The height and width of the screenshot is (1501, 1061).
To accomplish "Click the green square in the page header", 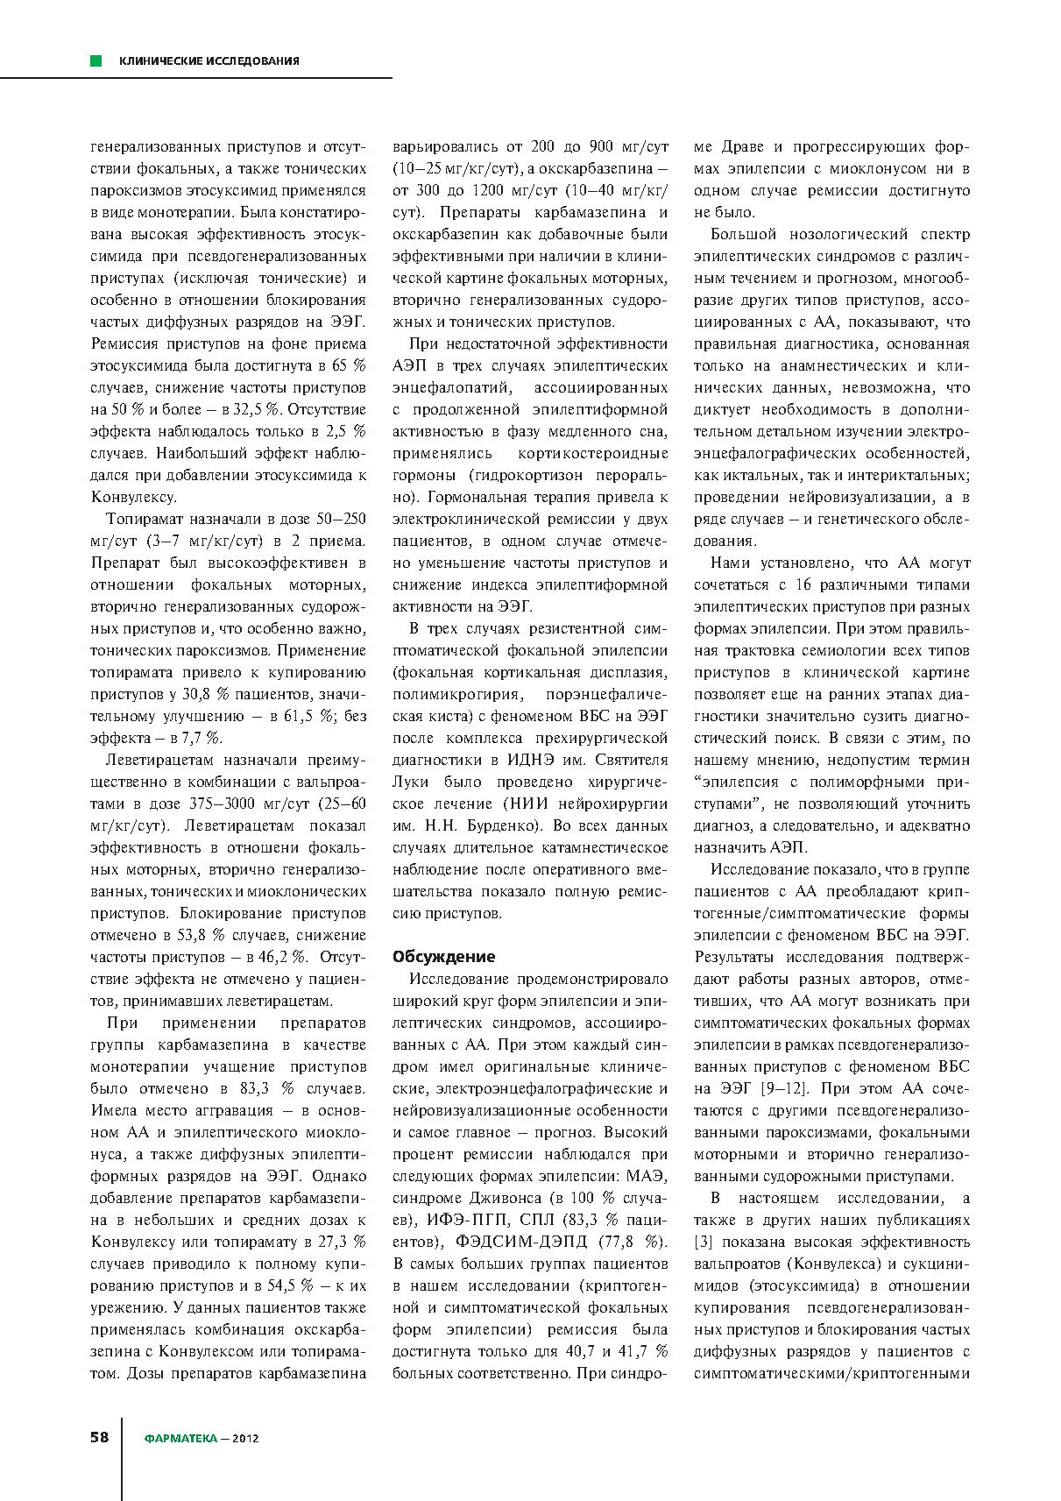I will tap(95, 60).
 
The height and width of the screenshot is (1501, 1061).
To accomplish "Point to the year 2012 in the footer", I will tap(245, 1438).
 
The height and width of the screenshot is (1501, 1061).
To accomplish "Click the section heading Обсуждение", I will tap(444, 956).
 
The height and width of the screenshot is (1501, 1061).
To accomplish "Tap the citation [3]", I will tap(704, 1242).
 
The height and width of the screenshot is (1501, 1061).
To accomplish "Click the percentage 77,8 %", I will tap(632, 1242).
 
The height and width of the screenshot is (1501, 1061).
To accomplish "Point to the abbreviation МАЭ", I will tap(648, 1176).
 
